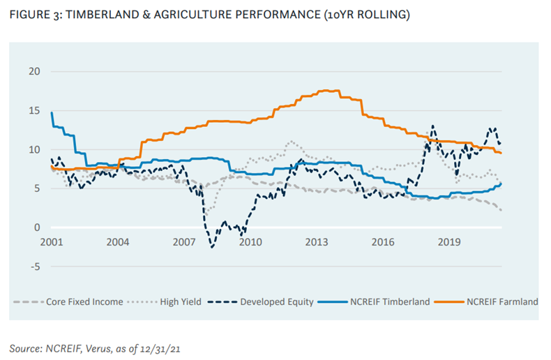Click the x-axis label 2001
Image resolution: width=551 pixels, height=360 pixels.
click(x=52, y=242)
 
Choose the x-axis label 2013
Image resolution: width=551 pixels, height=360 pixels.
click(x=317, y=242)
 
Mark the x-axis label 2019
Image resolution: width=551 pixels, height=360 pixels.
click(x=448, y=242)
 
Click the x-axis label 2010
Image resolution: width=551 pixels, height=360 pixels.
click(x=250, y=242)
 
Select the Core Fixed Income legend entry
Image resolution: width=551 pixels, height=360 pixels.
click(x=85, y=302)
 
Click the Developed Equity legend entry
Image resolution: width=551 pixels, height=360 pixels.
click(x=275, y=302)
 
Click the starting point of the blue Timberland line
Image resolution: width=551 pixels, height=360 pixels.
click(x=52, y=113)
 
